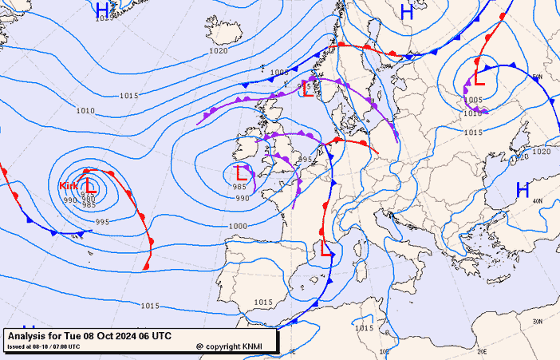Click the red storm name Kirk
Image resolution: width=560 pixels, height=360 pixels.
69,185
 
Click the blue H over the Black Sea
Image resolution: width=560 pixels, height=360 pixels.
523,190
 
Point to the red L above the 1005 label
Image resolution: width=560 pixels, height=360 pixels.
479,77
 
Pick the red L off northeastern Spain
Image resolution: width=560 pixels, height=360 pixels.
326,248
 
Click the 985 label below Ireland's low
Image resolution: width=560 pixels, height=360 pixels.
239,187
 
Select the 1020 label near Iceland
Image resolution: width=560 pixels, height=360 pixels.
218,50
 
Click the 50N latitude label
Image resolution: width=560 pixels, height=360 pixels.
537,77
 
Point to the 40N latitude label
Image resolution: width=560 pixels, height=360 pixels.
537,201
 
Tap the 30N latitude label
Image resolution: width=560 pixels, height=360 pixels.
538,322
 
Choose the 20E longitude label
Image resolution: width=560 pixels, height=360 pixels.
481,350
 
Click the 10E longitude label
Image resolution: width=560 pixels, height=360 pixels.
384,351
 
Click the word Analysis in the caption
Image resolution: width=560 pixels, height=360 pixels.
29,336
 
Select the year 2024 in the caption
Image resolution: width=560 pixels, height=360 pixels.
125,336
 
